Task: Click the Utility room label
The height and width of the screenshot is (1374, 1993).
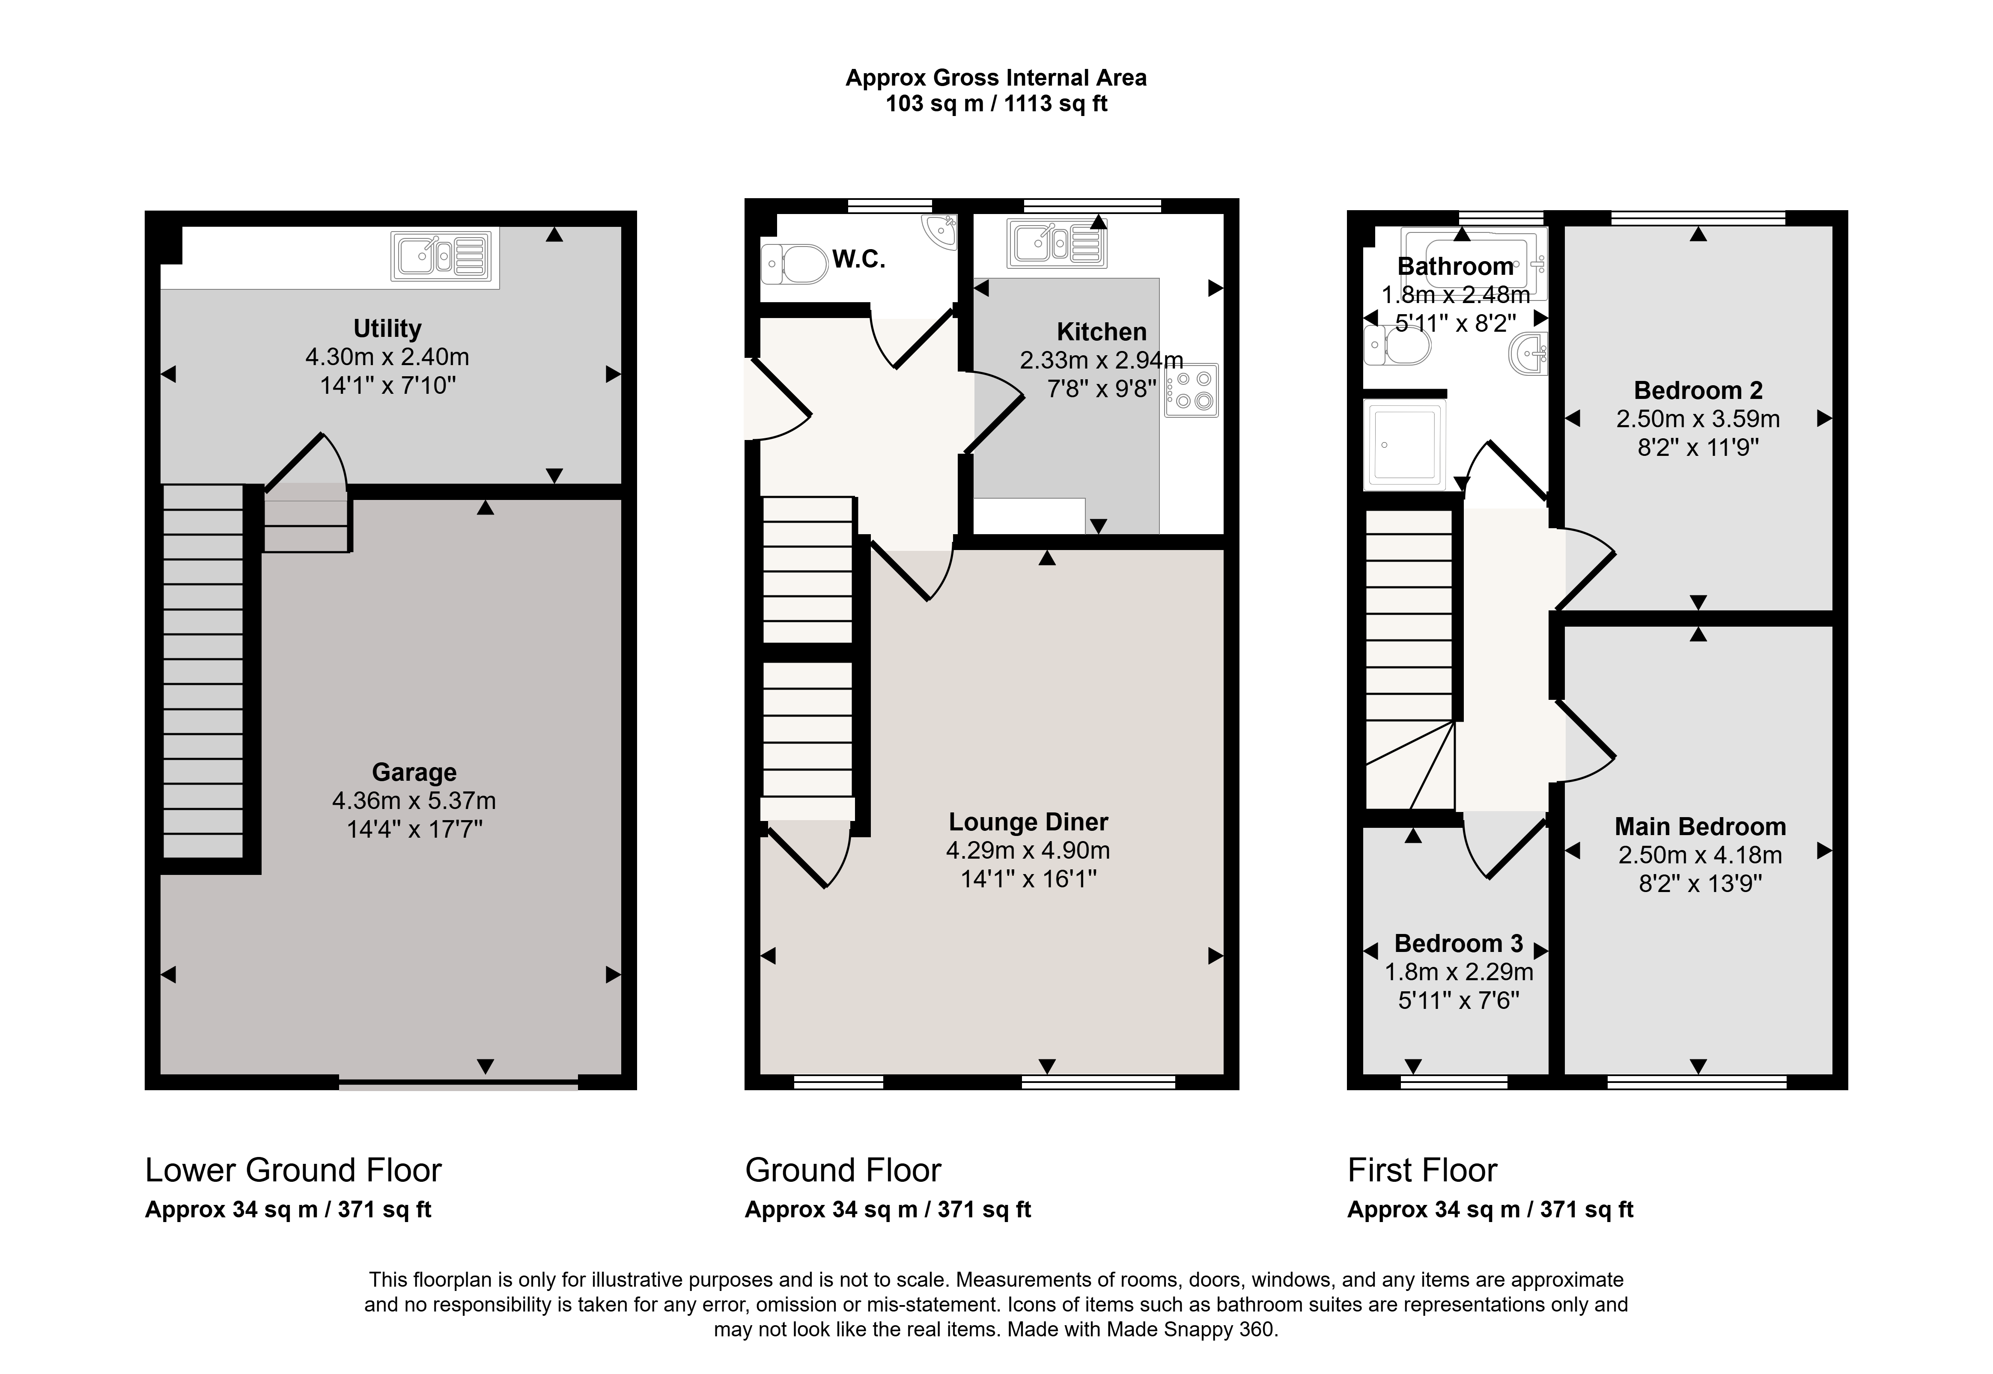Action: point(387,329)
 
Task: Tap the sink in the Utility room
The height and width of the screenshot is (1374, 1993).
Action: point(444,256)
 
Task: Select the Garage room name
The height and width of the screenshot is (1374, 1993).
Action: point(414,772)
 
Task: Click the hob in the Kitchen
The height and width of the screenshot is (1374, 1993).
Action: point(1192,390)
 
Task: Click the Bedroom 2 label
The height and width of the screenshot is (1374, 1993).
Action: point(1698,391)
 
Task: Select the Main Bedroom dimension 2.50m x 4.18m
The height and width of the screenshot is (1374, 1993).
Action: point(1699,855)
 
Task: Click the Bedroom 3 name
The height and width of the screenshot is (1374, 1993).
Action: point(1458,943)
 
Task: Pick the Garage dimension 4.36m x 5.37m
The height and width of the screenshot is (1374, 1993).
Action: point(414,800)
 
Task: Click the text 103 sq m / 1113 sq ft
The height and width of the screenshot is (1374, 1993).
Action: point(996,104)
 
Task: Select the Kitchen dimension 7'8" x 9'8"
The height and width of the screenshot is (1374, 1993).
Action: point(1102,389)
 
